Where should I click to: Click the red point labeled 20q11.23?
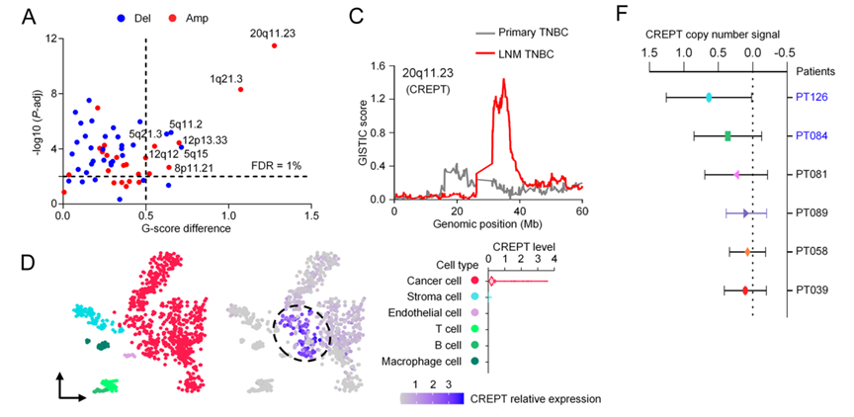(x=274, y=45)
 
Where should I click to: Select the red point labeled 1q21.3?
(x=240, y=89)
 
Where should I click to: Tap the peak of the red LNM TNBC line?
(x=504, y=80)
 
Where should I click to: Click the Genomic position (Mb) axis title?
(x=488, y=224)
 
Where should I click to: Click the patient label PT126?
(x=810, y=97)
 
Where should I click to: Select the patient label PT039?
(x=810, y=291)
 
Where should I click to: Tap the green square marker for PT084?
(x=727, y=135)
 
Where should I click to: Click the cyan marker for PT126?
(x=709, y=97)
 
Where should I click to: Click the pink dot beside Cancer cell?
(x=476, y=281)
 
